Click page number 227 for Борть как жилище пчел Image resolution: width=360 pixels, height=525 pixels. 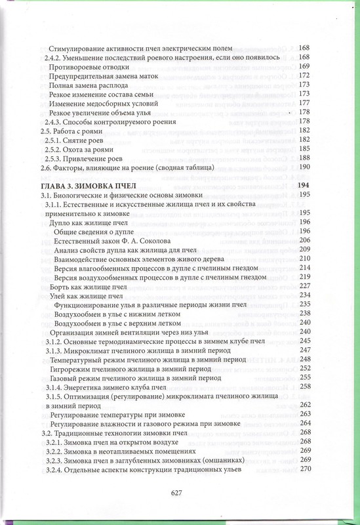tap(304, 286)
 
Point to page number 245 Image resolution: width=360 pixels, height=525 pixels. tap(304, 341)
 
